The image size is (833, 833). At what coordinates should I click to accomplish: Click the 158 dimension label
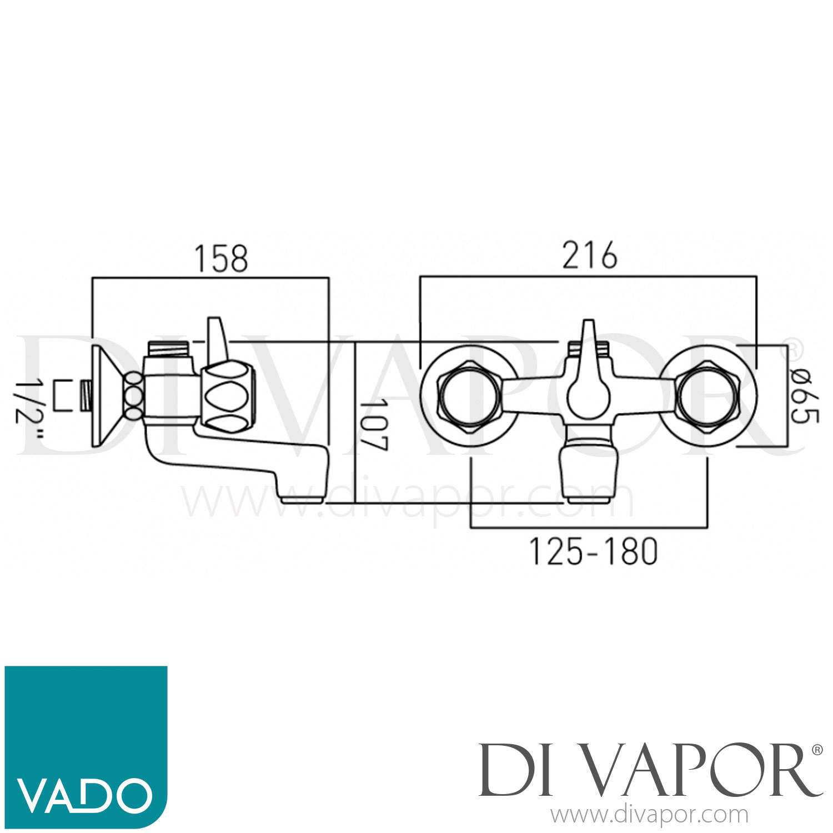pyautogui.click(x=221, y=259)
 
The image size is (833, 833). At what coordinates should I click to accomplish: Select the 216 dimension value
pyautogui.click(x=589, y=256)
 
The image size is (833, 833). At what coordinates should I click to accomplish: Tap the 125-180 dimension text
pyautogui.click(x=593, y=552)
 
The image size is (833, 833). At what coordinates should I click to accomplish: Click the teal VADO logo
pyautogui.click(x=86, y=746)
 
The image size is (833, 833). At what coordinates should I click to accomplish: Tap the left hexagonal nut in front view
pyautogui.click(x=470, y=396)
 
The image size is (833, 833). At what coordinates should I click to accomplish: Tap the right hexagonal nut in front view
pyautogui.click(x=707, y=396)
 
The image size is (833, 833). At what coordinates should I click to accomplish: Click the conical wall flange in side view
pyautogui.click(x=108, y=396)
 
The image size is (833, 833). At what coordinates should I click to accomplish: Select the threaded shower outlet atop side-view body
pyautogui.click(x=170, y=349)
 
